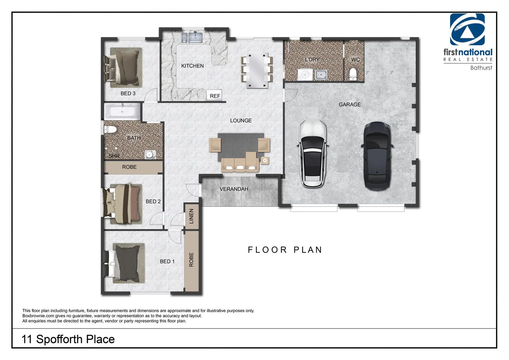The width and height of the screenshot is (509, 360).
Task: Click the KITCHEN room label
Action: [x=192, y=66]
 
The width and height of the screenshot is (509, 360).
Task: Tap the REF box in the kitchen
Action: [x=215, y=96]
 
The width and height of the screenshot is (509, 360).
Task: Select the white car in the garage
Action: [x=313, y=154]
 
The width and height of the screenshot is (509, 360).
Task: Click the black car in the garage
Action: [x=377, y=156]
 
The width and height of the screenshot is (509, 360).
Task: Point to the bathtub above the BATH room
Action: [x=122, y=111]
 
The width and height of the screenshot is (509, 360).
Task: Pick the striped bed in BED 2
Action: [x=122, y=203]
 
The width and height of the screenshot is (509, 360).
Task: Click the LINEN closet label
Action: [x=191, y=216]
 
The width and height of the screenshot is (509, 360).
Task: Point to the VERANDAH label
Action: [x=234, y=189]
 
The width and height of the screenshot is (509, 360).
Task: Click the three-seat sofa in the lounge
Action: [x=240, y=165]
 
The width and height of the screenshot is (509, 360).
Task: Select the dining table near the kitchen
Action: [x=257, y=70]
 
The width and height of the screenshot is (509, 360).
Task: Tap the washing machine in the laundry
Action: [x=305, y=75]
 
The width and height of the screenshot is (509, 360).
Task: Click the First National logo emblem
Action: [x=467, y=29]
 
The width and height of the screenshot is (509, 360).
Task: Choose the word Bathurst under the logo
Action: [x=481, y=68]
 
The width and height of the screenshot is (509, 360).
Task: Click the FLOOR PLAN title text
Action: [x=285, y=250]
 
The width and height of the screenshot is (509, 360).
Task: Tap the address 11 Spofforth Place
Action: [x=68, y=339]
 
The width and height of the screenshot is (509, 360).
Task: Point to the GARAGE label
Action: [x=350, y=105]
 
